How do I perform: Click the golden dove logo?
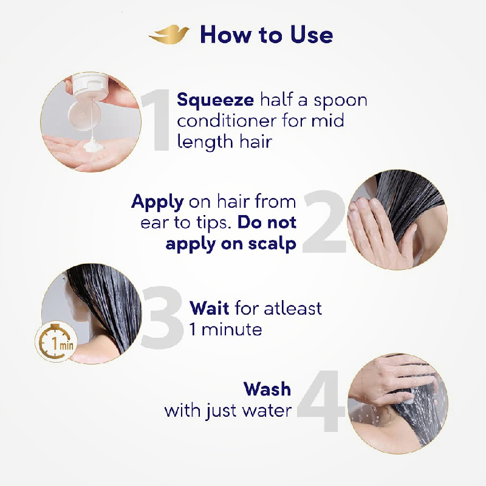click(x=169, y=35)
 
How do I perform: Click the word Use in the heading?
click(x=311, y=35)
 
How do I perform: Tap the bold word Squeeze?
click(x=215, y=100)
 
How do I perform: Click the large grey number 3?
click(x=162, y=318)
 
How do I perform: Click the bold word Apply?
click(x=157, y=203)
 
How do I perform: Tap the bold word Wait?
click(x=209, y=308)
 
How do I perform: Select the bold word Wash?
click(x=267, y=389)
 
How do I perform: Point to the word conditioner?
click(x=227, y=120)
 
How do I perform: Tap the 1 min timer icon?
click(x=56, y=341)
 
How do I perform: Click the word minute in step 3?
click(x=232, y=329)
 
